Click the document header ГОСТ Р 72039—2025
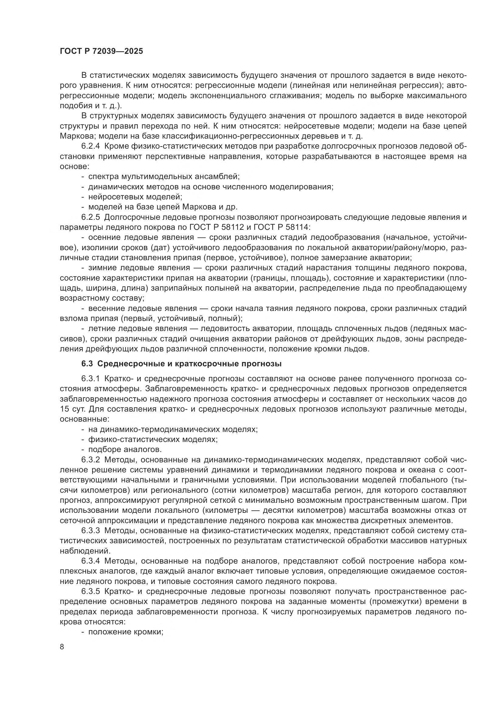(101, 51)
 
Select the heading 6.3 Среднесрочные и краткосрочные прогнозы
(182, 364)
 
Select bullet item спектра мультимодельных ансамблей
(164, 177)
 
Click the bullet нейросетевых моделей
(135, 197)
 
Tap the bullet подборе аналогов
(125, 449)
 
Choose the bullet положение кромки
(125, 632)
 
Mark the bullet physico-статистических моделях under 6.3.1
(153, 440)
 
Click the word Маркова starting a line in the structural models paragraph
(74, 136)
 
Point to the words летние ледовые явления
(137, 328)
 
